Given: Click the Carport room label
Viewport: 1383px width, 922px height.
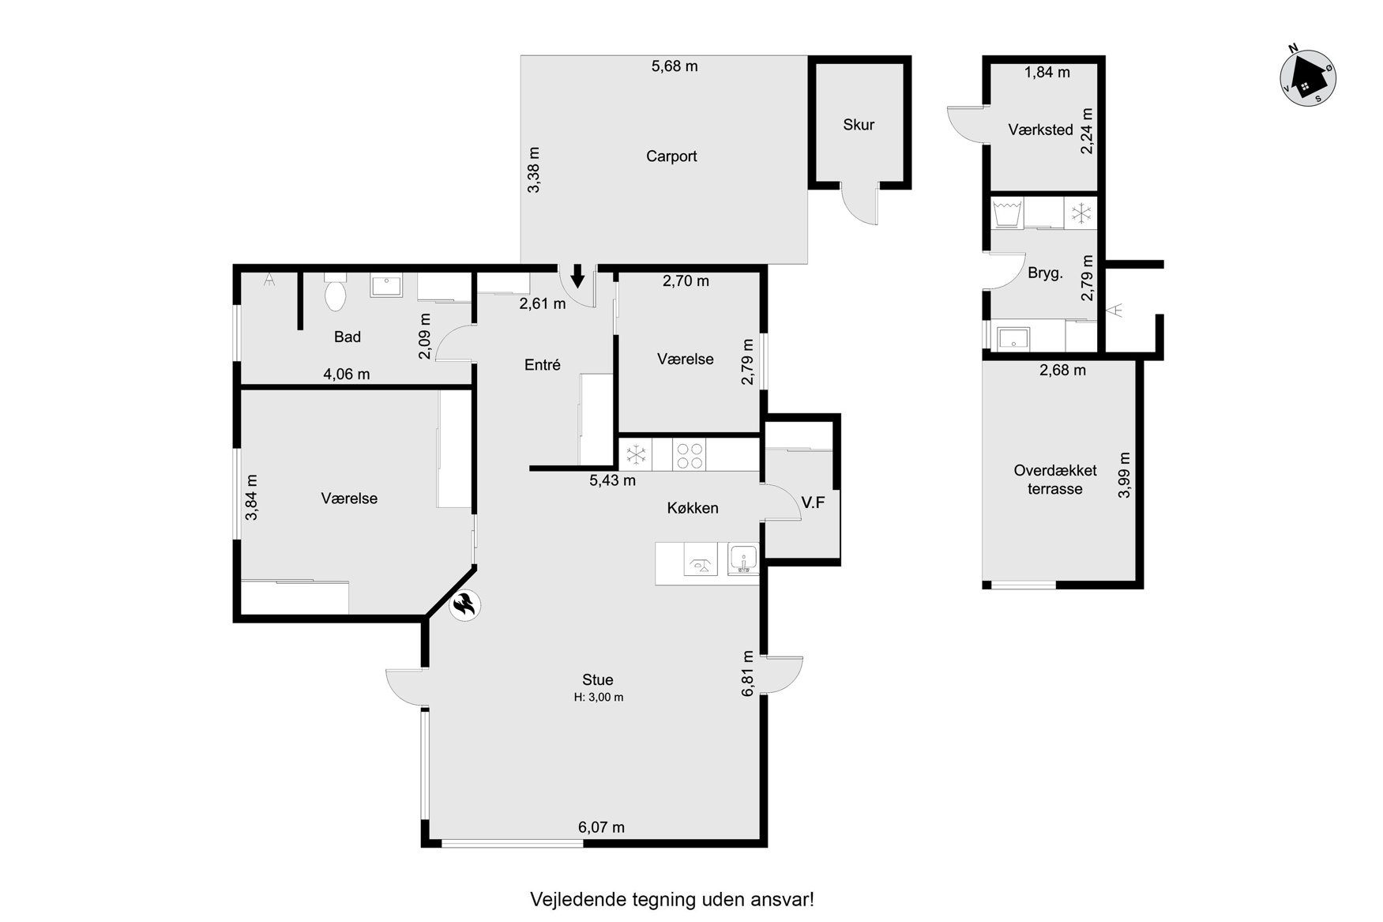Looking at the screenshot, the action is click(671, 156).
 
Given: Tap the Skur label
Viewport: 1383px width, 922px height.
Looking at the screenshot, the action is click(859, 125).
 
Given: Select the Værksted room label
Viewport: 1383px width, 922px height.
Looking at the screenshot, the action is click(1040, 130).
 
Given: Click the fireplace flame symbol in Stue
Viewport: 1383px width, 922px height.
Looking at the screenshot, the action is click(464, 606).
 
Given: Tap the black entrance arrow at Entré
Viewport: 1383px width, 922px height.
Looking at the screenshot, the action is click(577, 276).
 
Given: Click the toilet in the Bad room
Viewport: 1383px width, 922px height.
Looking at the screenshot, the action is click(336, 292).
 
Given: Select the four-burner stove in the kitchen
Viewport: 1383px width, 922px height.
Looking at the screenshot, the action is click(690, 454).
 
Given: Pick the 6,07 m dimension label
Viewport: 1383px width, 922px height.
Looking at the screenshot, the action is click(601, 827).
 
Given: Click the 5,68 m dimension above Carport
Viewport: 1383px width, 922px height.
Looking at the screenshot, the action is click(675, 66).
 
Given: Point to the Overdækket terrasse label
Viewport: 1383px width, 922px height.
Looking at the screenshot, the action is click(1055, 480).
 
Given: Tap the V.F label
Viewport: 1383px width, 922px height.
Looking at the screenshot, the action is click(813, 502).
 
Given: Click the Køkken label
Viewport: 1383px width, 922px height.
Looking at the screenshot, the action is click(693, 508).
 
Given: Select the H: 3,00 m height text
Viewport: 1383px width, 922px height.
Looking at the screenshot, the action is click(598, 698).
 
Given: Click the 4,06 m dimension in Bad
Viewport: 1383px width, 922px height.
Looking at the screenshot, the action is click(347, 374).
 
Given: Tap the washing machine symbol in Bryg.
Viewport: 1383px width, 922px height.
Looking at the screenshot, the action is click(1007, 213).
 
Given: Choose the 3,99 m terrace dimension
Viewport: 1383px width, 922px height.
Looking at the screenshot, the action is click(1124, 476).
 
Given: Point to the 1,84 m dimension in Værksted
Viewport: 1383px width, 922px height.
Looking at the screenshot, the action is click(1047, 73).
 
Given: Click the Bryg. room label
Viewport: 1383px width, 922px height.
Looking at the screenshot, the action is click(1045, 274).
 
